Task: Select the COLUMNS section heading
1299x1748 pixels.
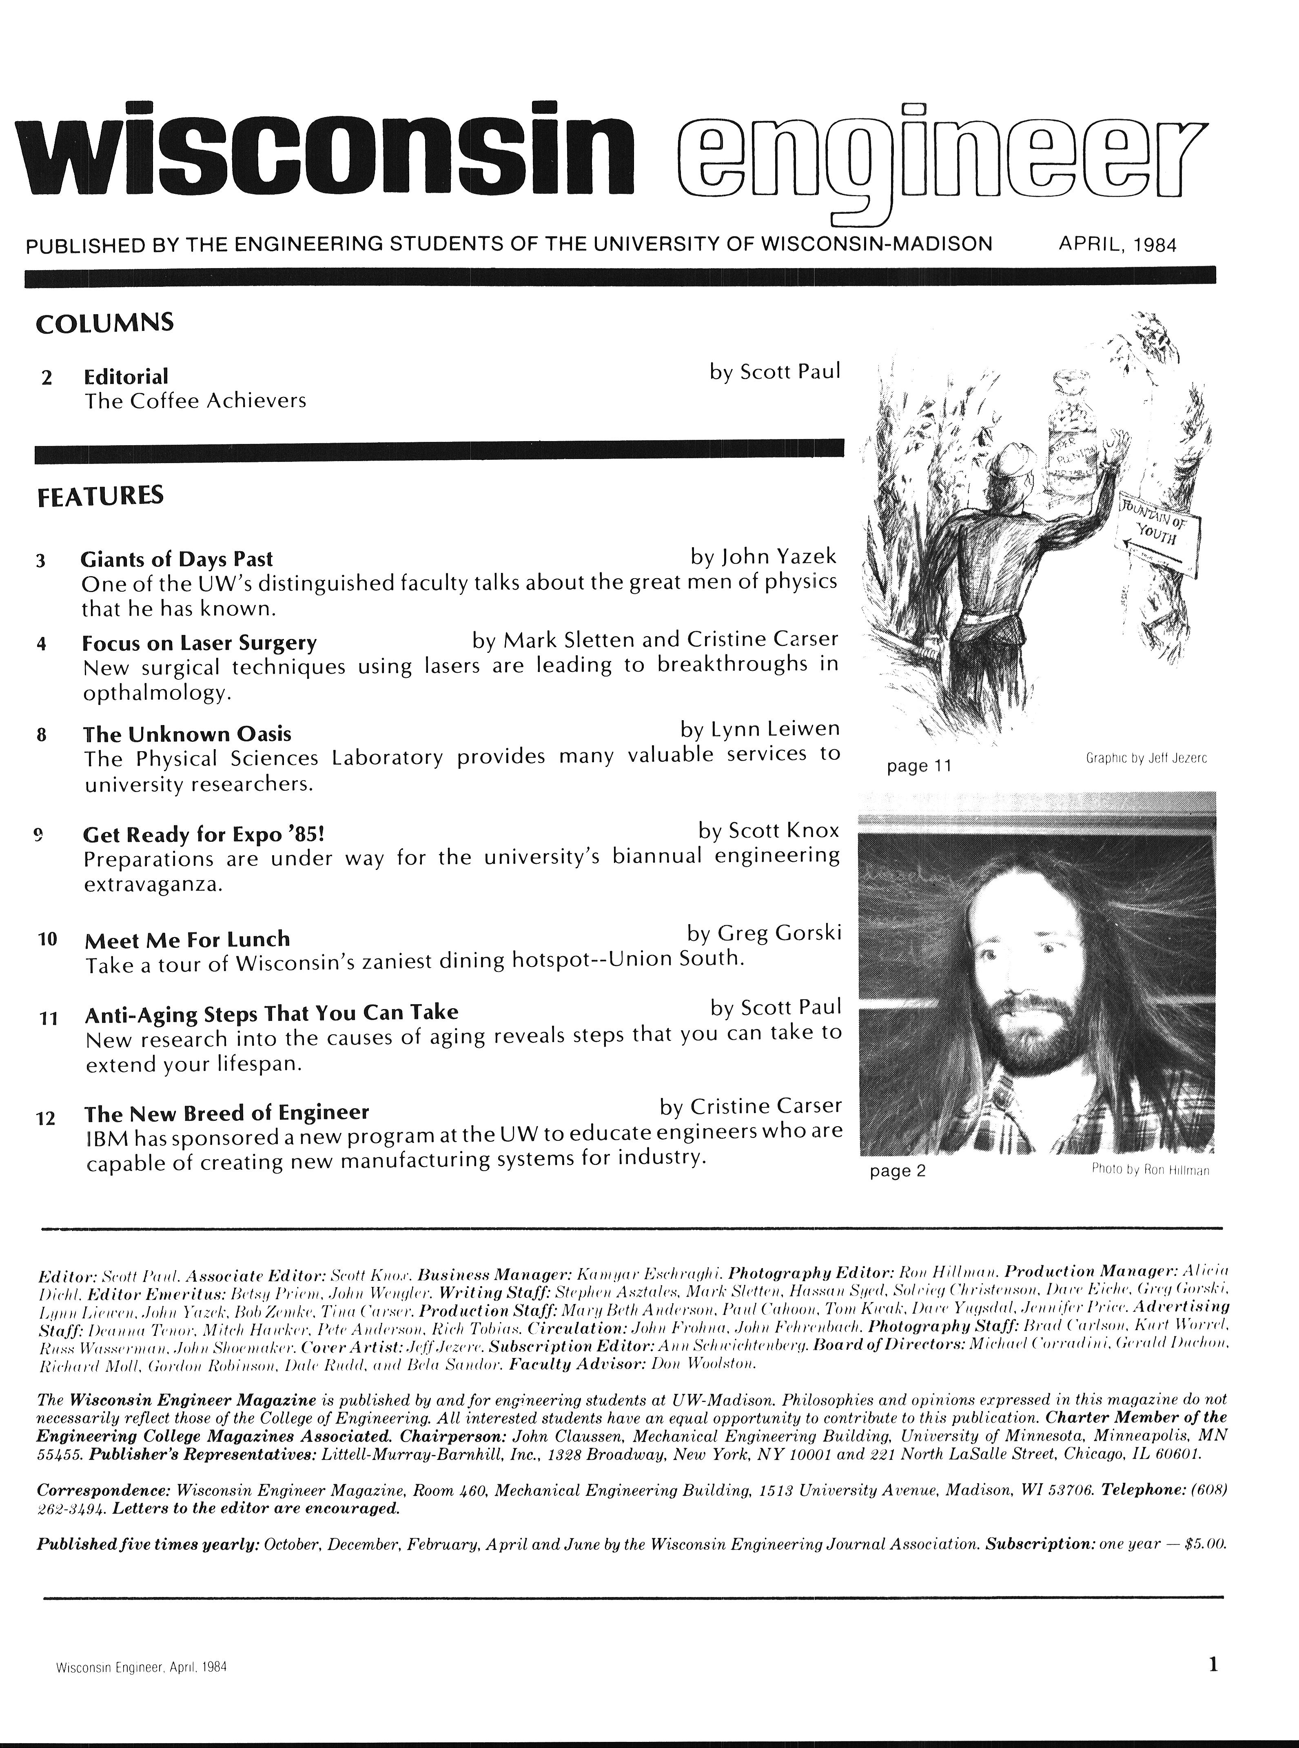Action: point(104,323)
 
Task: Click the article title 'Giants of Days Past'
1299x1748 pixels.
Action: point(177,559)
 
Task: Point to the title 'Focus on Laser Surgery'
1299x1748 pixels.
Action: point(200,643)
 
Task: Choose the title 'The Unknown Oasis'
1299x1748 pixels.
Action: point(187,734)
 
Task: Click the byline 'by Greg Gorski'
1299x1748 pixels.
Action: point(763,933)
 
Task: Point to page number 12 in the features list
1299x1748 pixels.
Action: point(47,1117)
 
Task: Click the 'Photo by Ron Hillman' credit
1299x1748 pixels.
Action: point(1150,1170)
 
